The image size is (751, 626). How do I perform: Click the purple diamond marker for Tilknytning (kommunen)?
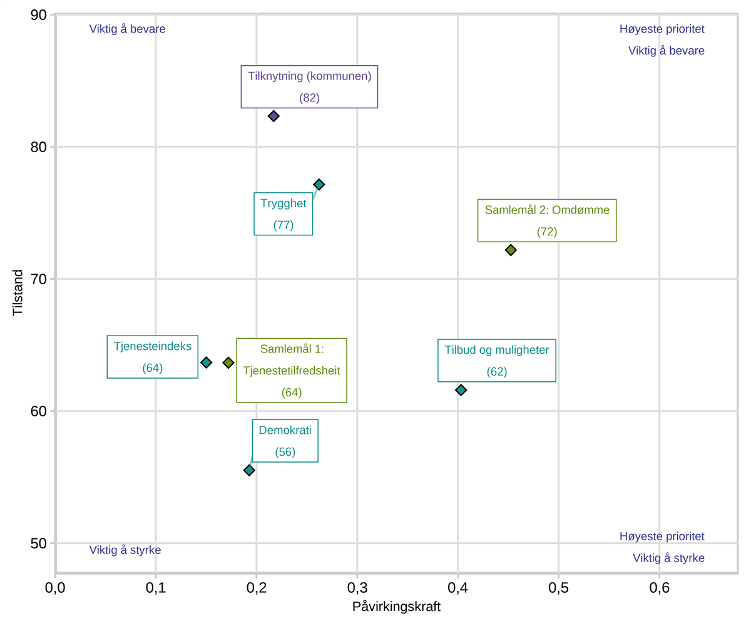[x=273, y=116]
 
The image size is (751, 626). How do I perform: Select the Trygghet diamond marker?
[x=319, y=184]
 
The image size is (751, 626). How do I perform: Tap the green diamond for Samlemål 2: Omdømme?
[x=511, y=250]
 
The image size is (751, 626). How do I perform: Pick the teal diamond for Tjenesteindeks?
[x=206, y=362]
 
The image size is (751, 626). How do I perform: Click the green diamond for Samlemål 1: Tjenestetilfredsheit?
[x=228, y=362]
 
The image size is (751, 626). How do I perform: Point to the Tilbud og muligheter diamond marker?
[x=461, y=389]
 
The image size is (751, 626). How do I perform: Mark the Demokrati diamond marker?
[x=249, y=470]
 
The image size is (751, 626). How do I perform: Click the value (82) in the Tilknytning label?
[x=309, y=98]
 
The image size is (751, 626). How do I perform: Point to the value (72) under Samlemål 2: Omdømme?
[x=547, y=232]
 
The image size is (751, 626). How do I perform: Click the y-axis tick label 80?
[x=38, y=146]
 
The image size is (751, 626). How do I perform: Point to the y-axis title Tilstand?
[x=18, y=293]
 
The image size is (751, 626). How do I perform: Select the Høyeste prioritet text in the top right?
[x=662, y=29]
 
